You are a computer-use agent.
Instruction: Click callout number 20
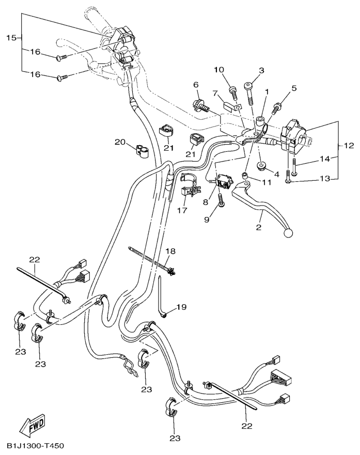click(x=120, y=142)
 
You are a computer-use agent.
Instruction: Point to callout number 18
click(x=170, y=251)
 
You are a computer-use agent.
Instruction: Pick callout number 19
click(x=180, y=307)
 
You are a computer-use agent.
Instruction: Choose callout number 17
click(x=182, y=211)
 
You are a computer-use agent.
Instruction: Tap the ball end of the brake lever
click(x=287, y=233)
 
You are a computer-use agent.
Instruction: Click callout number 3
click(x=261, y=70)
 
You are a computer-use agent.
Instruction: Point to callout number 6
click(x=196, y=85)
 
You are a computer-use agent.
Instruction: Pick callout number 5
click(x=279, y=88)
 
